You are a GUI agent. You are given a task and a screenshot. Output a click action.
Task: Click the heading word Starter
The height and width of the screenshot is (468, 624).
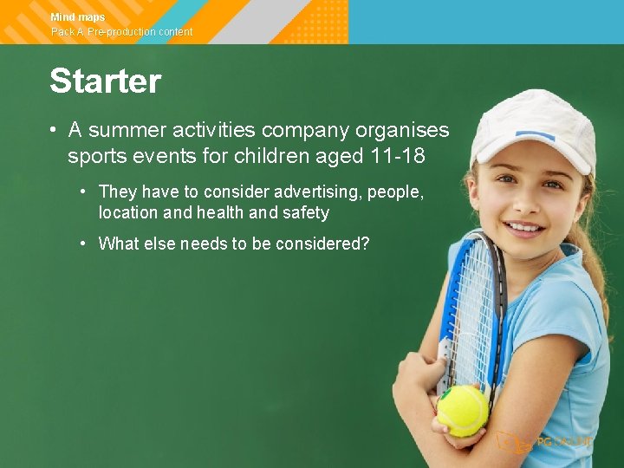105,81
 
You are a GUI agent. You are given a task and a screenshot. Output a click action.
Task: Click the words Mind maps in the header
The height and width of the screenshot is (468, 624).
78,17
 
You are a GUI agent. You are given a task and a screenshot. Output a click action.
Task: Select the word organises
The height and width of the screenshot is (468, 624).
402,131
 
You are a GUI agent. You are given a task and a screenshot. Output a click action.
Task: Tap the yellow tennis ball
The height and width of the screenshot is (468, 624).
462,410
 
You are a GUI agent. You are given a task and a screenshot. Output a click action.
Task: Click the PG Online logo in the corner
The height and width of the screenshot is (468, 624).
546,441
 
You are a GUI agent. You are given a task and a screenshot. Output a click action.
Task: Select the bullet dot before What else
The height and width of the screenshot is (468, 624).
82,244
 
